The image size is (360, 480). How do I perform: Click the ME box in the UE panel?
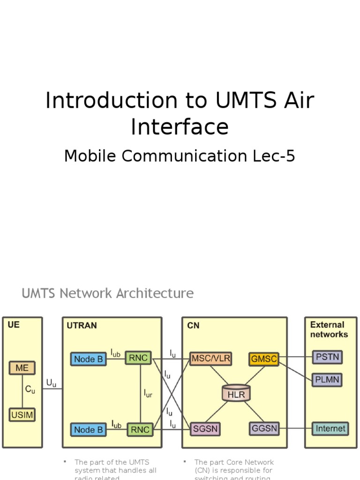pos(22,368)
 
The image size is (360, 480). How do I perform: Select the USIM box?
pos(22,414)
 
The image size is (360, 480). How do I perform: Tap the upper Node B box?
pos(89,359)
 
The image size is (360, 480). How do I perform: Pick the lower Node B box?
pos(89,429)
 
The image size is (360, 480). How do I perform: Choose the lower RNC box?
pos(140,429)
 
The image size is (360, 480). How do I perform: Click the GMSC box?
pos(264,359)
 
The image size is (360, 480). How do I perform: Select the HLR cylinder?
pos(236,394)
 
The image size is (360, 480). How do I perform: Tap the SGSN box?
pos(205,428)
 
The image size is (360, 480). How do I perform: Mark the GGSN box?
pos(264,428)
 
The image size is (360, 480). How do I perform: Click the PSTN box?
pos(327,357)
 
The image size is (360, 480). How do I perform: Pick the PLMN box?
pos(327,380)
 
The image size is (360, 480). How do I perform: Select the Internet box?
pos(330,428)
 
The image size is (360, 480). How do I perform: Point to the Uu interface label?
pos(51,383)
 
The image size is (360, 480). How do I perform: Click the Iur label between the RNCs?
pos(148,393)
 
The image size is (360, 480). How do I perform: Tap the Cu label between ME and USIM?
pos(30,390)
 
